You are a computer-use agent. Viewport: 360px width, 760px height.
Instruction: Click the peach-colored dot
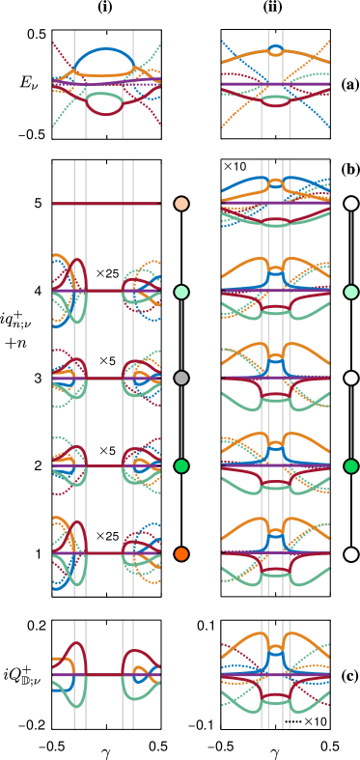tap(181, 204)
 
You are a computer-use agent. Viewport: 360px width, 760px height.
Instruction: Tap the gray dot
tap(181, 379)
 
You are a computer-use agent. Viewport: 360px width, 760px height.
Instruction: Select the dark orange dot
tap(181, 554)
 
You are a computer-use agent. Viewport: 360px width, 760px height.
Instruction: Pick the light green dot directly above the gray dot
tap(181, 292)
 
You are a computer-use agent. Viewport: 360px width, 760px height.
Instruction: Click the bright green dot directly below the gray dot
tap(181, 466)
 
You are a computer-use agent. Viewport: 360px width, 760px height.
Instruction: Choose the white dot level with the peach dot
tap(351, 204)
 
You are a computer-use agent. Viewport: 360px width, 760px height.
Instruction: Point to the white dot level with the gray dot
tap(351, 379)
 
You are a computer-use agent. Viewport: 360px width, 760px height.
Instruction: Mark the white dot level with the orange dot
tap(351, 554)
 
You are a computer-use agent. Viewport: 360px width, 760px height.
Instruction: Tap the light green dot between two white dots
tap(351, 292)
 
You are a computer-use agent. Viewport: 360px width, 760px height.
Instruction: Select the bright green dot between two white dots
tap(351, 466)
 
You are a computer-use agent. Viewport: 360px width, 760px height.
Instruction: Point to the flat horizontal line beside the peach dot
tap(106, 204)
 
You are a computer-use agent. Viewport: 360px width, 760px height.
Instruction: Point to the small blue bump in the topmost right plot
tap(276, 47)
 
